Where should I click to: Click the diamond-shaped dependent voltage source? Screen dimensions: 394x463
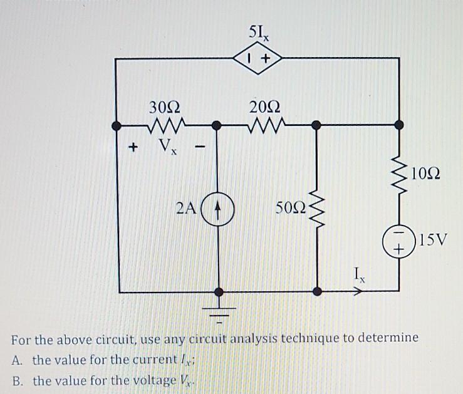coord(258,59)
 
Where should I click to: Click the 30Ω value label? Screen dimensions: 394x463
coord(165,106)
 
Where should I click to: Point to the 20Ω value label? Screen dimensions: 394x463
coord(266,106)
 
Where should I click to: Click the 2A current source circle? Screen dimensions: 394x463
coord(219,207)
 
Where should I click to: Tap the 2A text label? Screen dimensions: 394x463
coord(188,207)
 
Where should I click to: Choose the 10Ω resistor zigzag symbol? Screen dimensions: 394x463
coord(398,173)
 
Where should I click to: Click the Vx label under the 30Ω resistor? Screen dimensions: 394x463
coord(165,148)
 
